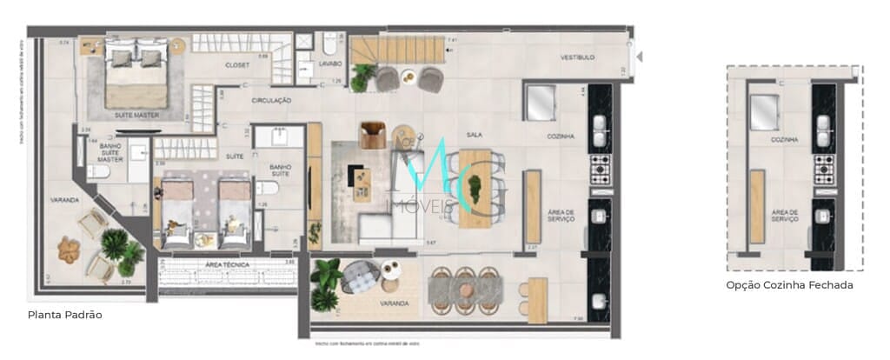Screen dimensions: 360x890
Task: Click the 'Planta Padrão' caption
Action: pos(65,315)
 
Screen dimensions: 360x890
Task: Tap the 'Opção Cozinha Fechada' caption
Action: pos(789,284)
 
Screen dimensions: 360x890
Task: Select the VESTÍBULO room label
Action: pos(576,57)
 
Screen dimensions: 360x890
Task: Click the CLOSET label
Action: pos(237,65)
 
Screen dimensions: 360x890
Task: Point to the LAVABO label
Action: pos(330,64)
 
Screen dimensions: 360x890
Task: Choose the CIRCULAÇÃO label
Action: pos(271,101)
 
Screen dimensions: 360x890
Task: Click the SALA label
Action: pos(475,135)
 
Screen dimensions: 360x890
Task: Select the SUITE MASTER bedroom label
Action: pos(136,115)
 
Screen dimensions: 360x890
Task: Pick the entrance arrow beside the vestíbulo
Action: pos(640,57)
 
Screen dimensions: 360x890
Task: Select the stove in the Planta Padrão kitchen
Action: pos(601,170)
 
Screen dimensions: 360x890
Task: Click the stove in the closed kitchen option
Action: pos(824,170)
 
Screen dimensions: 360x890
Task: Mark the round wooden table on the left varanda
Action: pos(69,250)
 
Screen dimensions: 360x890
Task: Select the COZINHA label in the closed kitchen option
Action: pos(784,139)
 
